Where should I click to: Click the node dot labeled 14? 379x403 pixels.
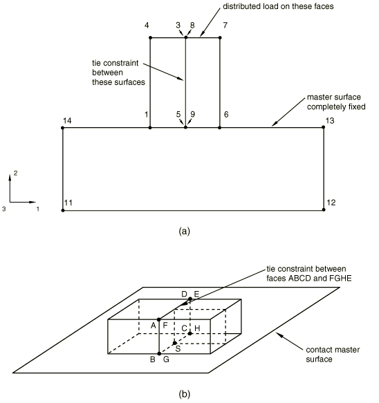point(62,128)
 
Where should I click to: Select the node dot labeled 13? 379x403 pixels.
point(324,127)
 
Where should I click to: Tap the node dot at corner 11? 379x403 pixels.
point(63,210)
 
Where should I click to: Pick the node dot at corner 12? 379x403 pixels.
point(324,209)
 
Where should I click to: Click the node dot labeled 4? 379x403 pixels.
point(150,38)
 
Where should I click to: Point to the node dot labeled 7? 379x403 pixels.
point(220,38)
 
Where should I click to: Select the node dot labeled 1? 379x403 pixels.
point(150,127)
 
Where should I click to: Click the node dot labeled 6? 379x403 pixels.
point(219,127)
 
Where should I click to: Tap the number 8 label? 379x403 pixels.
point(192,25)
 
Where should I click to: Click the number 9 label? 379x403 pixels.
point(192,114)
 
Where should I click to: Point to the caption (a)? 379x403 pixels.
point(185,231)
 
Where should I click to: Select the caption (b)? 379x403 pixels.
point(185,394)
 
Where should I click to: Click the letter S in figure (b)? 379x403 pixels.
point(178,349)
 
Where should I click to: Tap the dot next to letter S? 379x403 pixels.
point(174,343)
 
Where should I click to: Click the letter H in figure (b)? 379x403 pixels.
point(197,328)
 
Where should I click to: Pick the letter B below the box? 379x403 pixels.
point(153,359)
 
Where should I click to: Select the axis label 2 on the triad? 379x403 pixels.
point(15,174)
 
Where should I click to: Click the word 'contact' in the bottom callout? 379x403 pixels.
point(318,350)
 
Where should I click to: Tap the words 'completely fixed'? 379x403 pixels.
point(336,106)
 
